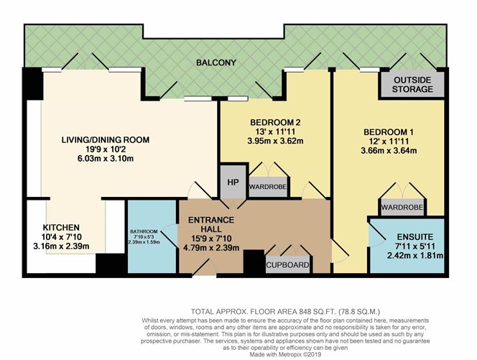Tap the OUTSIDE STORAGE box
point(412,84)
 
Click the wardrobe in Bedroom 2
point(268,187)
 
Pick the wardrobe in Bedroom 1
point(402,208)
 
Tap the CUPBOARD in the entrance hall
point(289,265)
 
